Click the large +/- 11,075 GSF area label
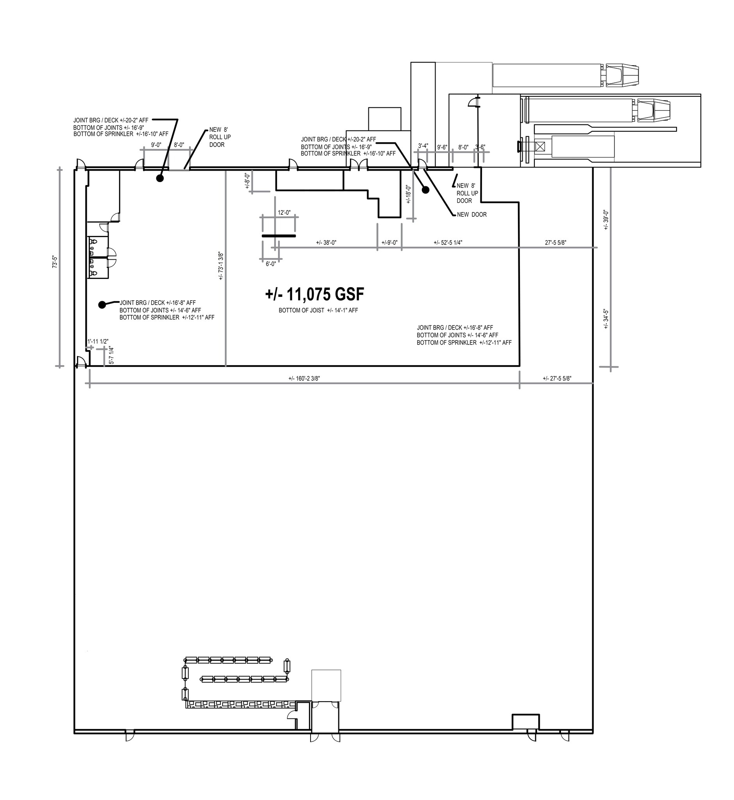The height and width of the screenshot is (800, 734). click(314, 295)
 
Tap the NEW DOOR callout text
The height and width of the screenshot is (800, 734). click(471, 214)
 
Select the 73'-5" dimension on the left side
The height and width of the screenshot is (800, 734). click(55, 262)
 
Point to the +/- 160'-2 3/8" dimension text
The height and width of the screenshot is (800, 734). click(304, 379)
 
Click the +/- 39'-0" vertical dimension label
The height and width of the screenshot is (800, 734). click(606, 220)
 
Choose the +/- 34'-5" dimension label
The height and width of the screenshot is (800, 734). click(606, 319)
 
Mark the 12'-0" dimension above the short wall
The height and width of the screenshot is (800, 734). click(284, 213)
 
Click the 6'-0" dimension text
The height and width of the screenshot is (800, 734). click(271, 264)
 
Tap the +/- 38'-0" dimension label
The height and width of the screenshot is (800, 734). click(326, 243)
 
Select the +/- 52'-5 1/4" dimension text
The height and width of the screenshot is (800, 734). click(448, 243)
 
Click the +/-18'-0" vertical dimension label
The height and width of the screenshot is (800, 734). click(408, 194)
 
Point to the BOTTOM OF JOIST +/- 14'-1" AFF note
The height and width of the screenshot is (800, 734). click(318, 310)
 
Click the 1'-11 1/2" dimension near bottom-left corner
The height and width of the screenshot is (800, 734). click(98, 342)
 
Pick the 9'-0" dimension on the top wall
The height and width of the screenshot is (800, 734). click(156, 145)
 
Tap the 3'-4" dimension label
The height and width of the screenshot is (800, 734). click(423, 146)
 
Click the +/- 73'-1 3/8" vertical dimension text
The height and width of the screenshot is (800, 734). click(221, 266)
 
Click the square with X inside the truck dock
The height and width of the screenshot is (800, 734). click(540, 146)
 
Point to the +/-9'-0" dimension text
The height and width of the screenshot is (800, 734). click(389, 243)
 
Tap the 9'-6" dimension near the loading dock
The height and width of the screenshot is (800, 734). click(442, 147)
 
